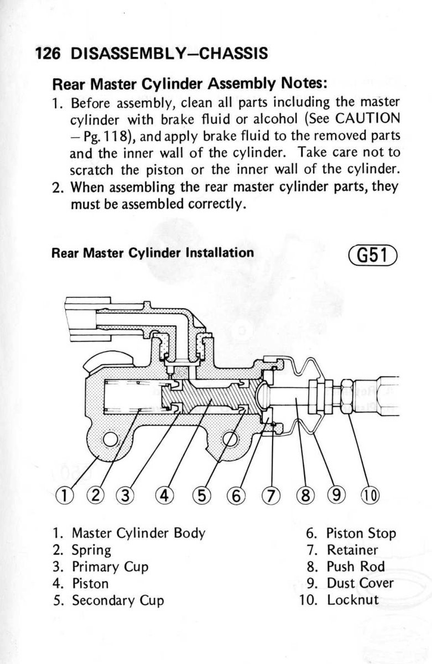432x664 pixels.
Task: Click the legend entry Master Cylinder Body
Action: (138, 534)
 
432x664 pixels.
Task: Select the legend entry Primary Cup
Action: (110, 567)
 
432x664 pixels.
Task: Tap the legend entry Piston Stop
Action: (361, 534)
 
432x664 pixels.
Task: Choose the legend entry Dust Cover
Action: (360, 583)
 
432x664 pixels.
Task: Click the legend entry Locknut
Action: (352, 600)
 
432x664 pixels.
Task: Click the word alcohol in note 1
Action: (269, 119)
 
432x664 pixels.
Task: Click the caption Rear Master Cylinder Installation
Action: (153, 253)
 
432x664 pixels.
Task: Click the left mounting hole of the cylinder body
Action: (110, 439)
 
